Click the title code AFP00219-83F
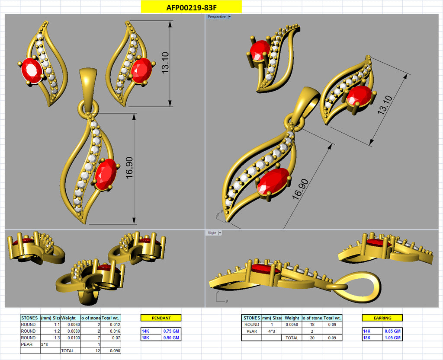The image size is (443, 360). click(191, 7)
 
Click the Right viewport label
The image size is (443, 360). click(212, 233)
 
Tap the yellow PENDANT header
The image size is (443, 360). click(161, 318)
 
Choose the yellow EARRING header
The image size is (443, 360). click(382, 318)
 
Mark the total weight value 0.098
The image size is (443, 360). click(115, 351)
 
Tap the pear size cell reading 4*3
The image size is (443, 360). click(271, 331)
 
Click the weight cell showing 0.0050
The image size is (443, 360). click(292, 325)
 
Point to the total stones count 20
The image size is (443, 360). click(313, 338)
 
